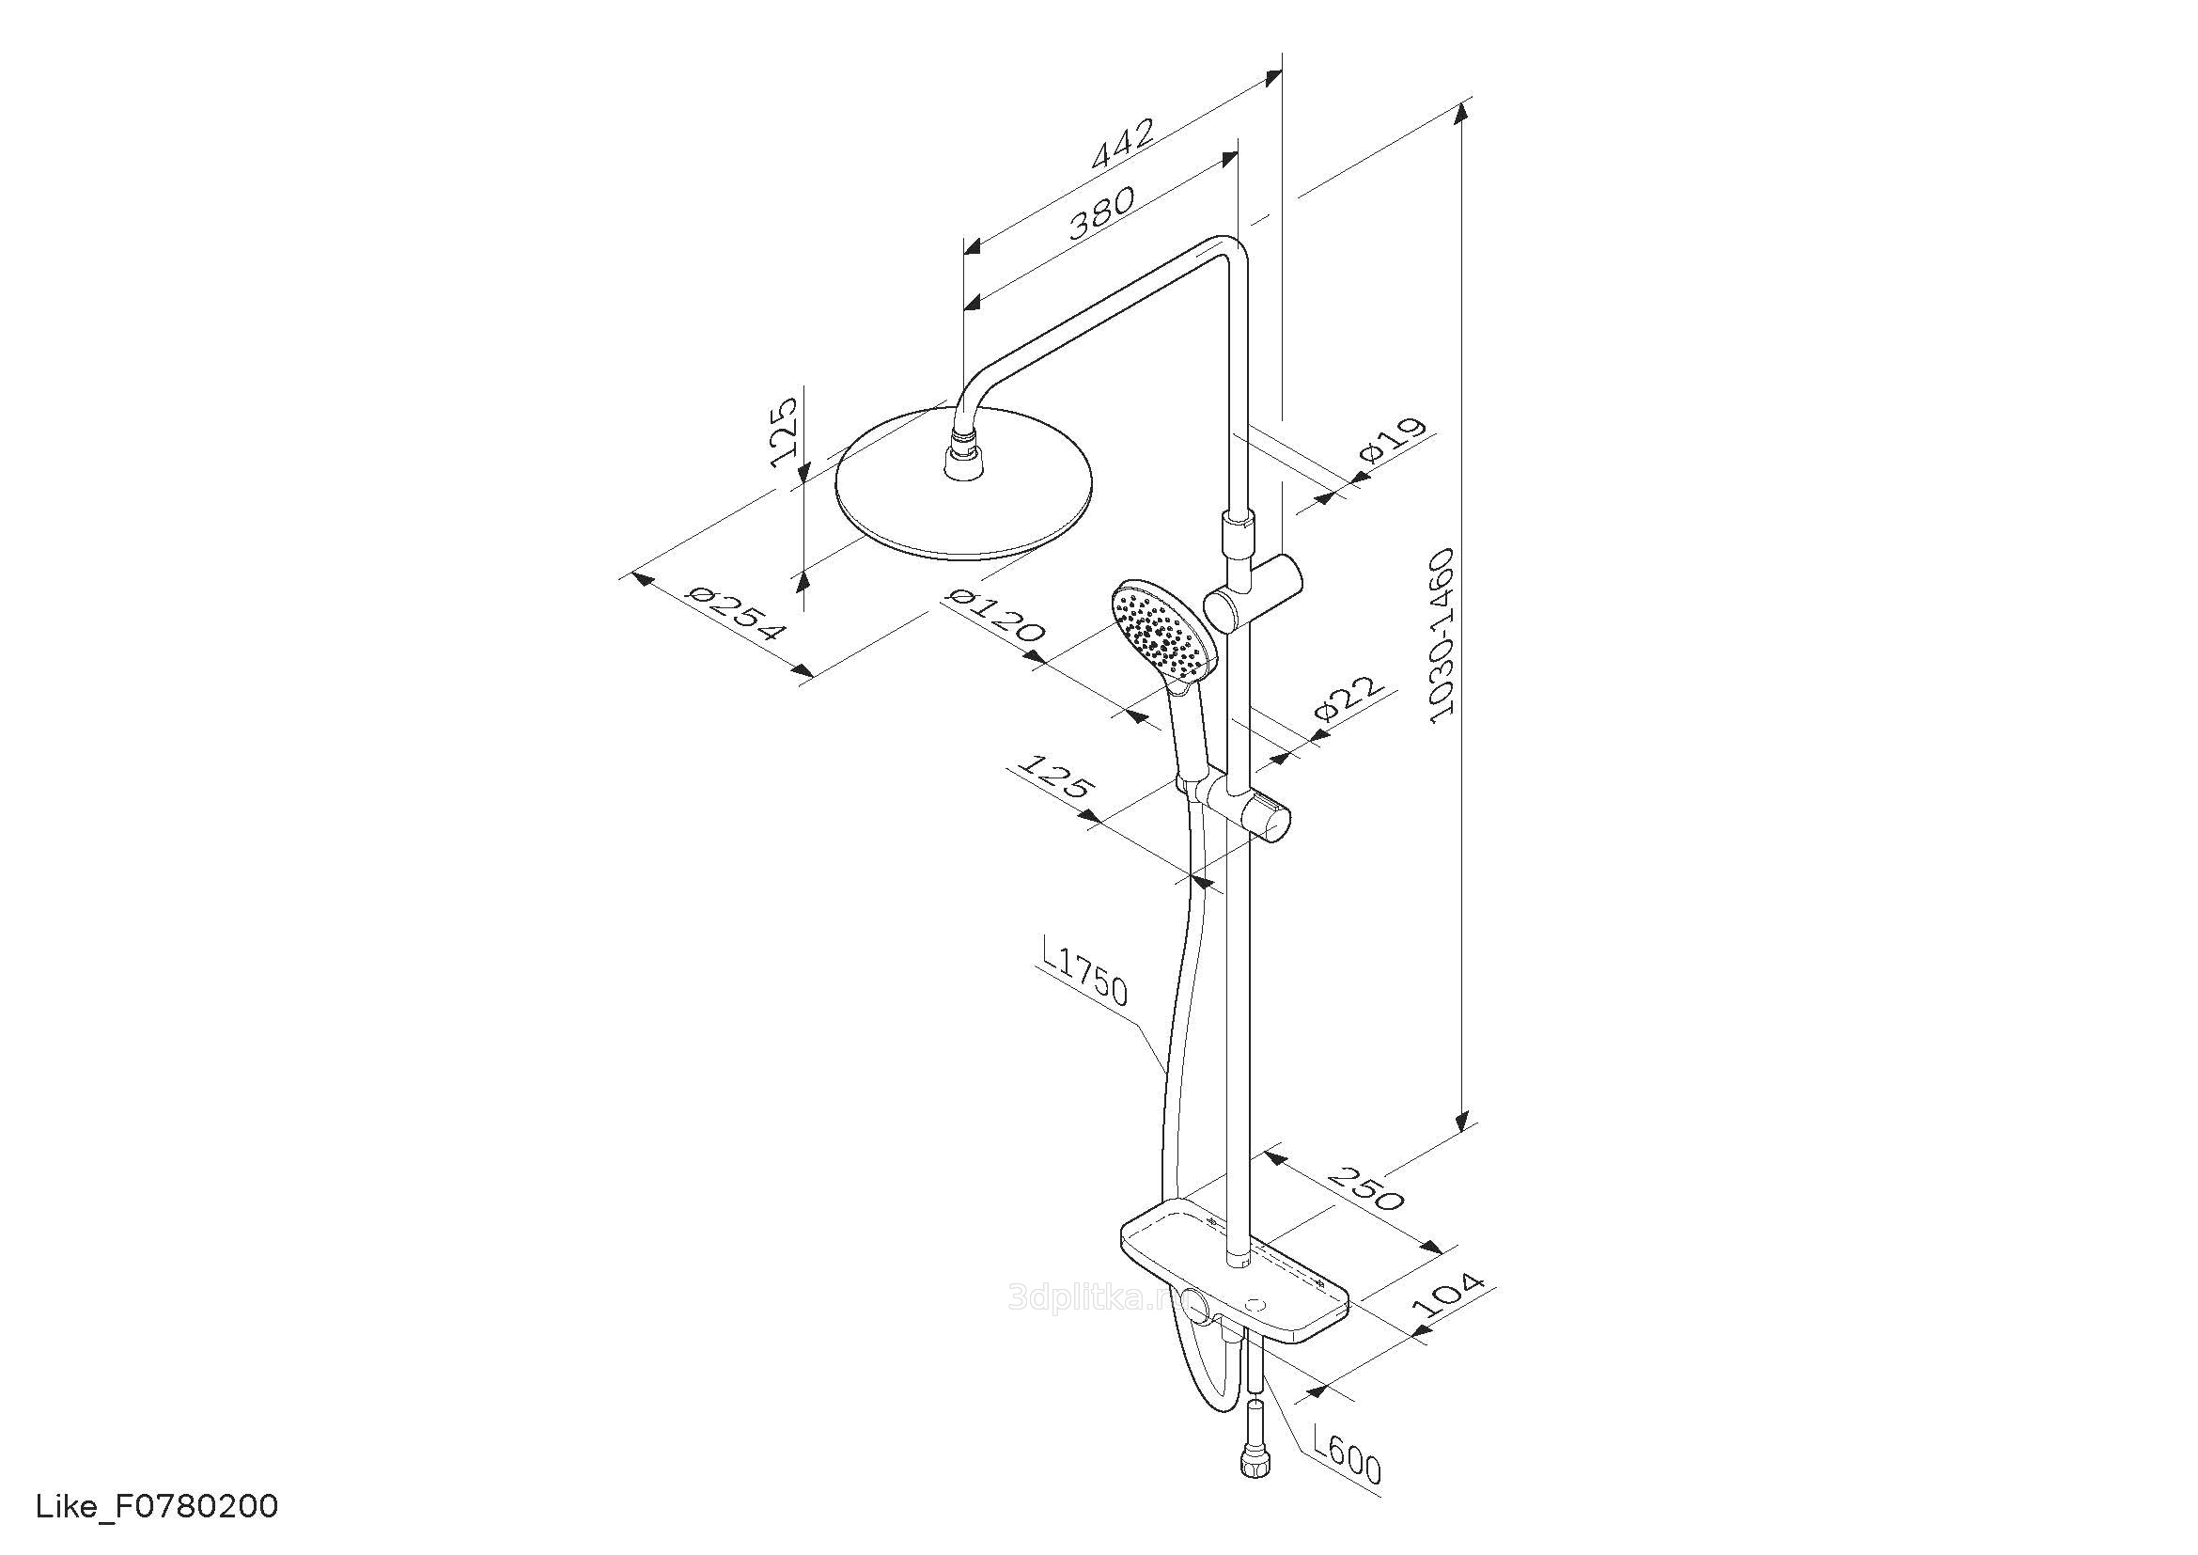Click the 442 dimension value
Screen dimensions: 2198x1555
tap(1123, 145)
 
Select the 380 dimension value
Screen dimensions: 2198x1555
tap(1102, 212)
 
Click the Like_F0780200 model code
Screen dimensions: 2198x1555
tap(157, 1506)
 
